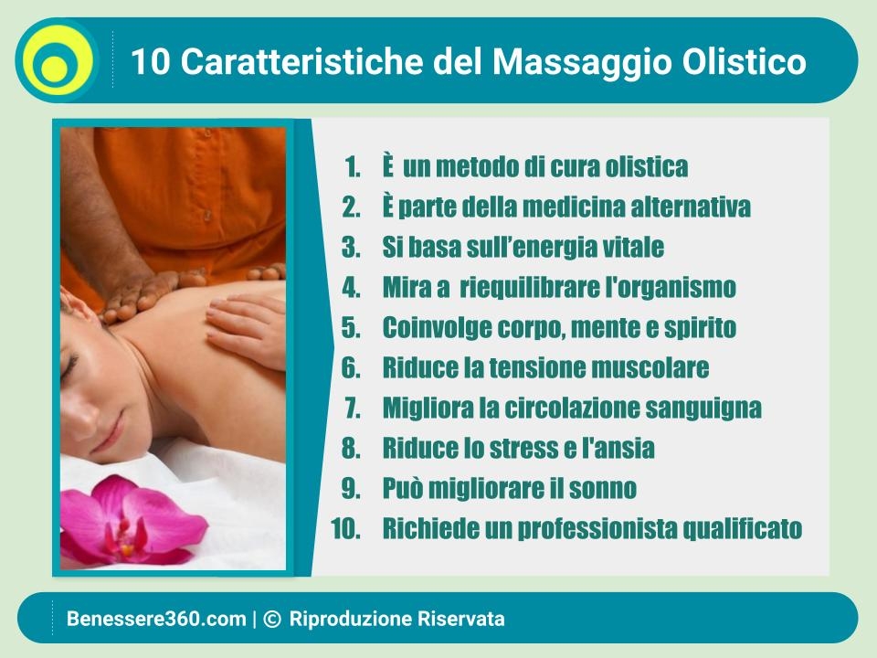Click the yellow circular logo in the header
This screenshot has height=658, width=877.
pos(57,60)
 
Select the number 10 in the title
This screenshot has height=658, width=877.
pos(151,61)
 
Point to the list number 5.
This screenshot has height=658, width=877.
pos(351,327)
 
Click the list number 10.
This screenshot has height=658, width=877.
pos(345,529)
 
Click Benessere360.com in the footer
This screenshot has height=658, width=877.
pos(156,619)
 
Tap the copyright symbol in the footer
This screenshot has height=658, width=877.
pos(271,619)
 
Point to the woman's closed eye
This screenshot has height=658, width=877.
pos(70,366)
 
